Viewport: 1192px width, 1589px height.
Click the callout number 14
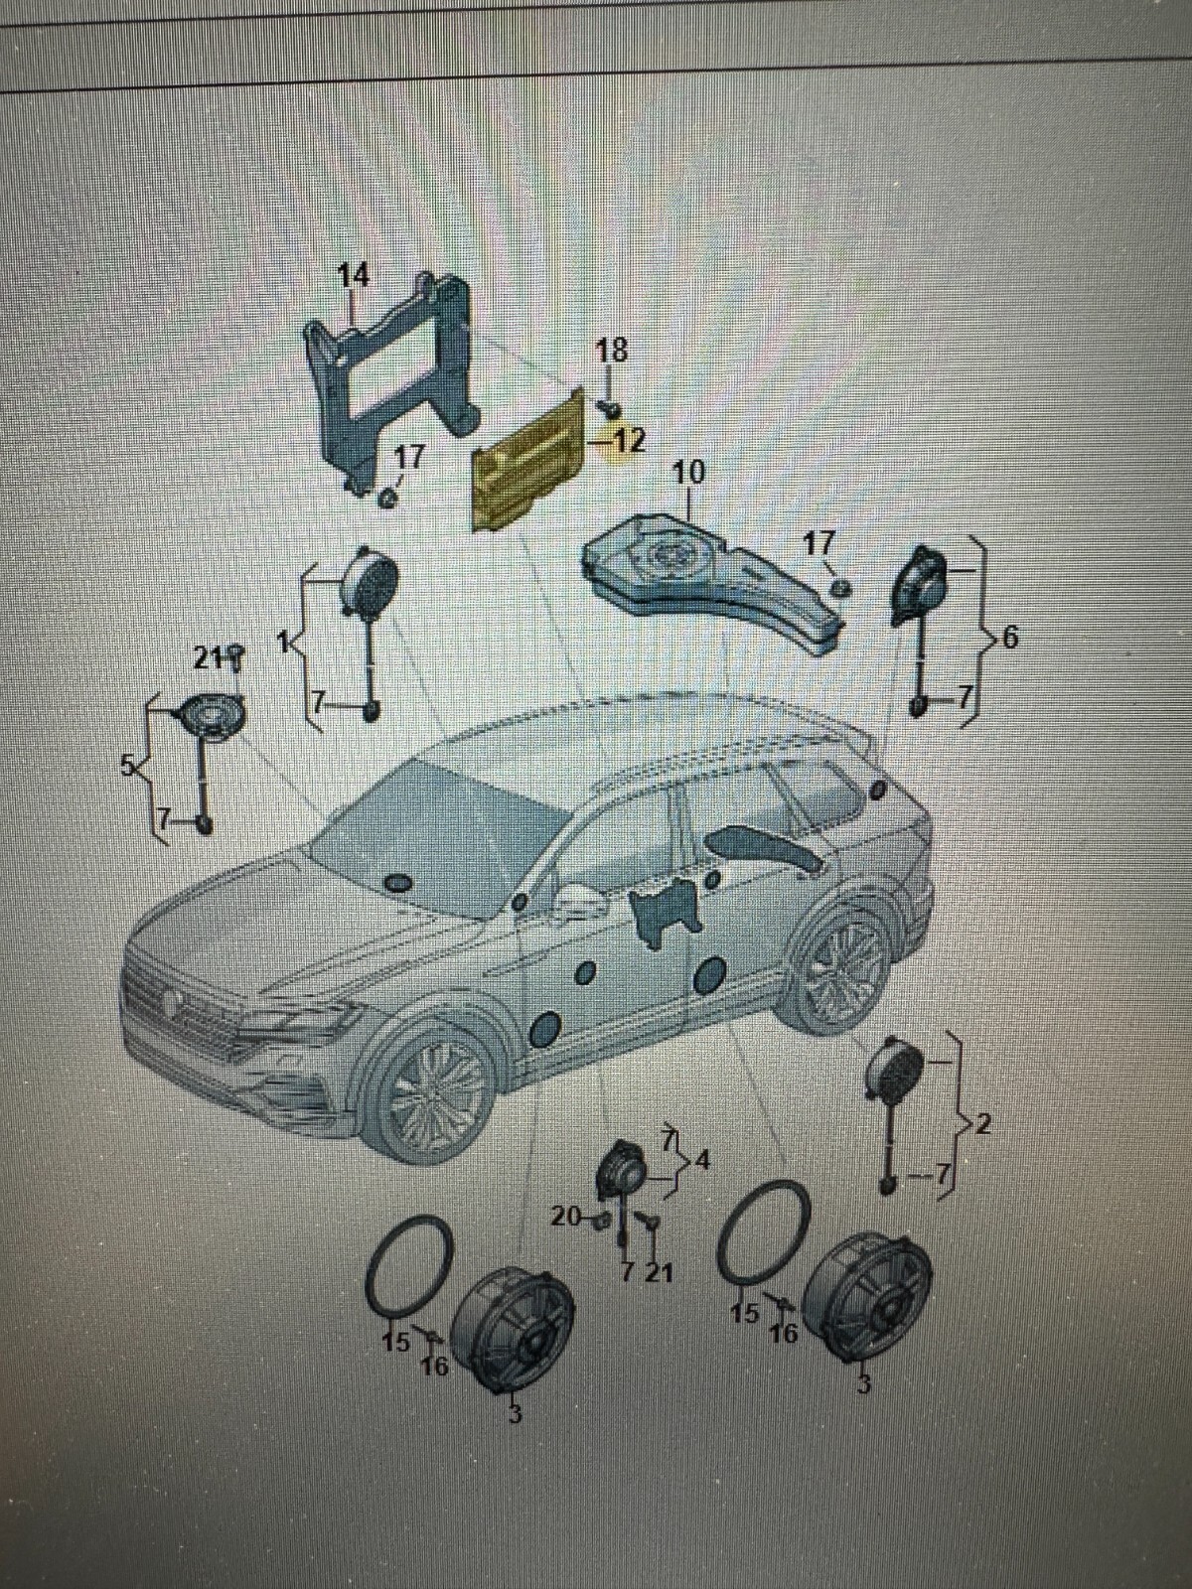353,275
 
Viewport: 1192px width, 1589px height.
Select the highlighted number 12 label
627,440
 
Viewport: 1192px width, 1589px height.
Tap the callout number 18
611,350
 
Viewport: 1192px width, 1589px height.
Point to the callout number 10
688,473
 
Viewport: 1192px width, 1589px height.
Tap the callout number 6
1009,639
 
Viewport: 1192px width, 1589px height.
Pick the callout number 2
983,1125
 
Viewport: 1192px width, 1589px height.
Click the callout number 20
565,1217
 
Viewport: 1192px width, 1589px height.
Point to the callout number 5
126,765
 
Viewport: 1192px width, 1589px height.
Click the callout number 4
702,1160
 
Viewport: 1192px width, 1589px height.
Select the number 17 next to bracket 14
409,458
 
